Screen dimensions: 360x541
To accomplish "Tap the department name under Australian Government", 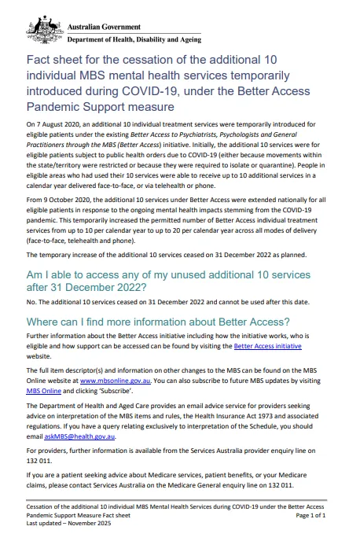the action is click(133, 39).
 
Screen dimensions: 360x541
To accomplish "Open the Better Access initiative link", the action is click(267, 346).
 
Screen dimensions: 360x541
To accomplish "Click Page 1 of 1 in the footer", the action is click(308, 515).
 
